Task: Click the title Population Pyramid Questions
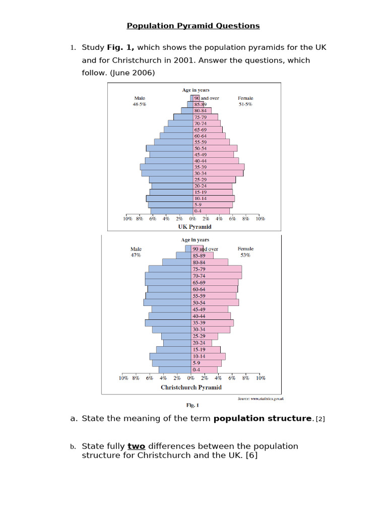(x=193, y=26)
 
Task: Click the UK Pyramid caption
(x=191, y=227)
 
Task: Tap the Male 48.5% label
(x=140, y=101)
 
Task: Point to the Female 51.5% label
(x=245, y=101)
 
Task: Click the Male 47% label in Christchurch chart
(x=136, y=252)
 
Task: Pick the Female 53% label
(x=245, y=252)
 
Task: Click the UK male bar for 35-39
(x=166, y=167)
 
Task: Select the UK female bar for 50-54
(x=215, y=149)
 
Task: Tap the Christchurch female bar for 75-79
(x=217, y=269)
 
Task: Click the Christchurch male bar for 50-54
(x=167, y=303)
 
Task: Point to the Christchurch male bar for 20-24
(x=176, y=343)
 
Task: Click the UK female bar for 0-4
(x=211, y=212)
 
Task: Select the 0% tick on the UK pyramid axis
(x=192, y=219)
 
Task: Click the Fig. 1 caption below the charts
(x=193, y=405)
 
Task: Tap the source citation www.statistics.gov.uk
(x=261, y=399)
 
